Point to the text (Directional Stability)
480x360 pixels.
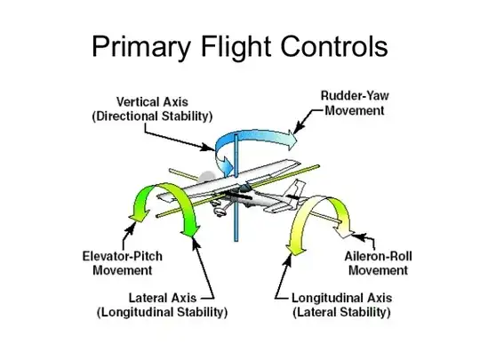tap(153, 116)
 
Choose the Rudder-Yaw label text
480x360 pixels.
tap(353, 95)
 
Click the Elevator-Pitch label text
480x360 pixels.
tap(128, 257)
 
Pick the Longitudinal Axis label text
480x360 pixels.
tap(340, 298)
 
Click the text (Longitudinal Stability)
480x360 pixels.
tap(162, 313)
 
